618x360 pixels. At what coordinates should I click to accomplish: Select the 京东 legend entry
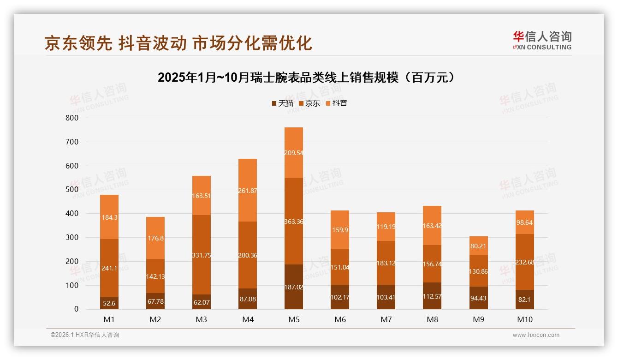(309, 103)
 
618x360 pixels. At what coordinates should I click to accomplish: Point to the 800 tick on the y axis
(72, 118)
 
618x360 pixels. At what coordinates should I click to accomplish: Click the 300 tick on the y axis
(72, 238)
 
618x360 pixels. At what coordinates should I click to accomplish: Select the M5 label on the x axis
(294, 319)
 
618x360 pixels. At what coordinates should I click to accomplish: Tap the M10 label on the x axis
(524, 319)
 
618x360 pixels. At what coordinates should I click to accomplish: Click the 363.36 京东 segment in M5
(294, 221)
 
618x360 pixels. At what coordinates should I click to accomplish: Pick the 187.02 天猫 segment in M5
(294, 287)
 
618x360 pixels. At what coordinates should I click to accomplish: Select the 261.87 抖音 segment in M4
(248, 191)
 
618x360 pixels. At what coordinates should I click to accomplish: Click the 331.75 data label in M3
(202, 255)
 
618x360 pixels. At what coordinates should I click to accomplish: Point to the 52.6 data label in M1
(109, 303)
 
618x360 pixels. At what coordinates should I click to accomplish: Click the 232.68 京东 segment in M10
(524, 262)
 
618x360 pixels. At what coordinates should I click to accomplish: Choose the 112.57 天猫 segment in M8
(432, 296)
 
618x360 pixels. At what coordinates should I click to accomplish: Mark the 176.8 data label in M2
(155, 238)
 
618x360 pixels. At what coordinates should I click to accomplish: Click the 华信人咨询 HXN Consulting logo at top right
(542, 41)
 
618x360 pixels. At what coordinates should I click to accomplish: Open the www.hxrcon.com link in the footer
(536, 335)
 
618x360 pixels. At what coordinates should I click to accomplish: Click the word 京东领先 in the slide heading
(78, 43)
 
